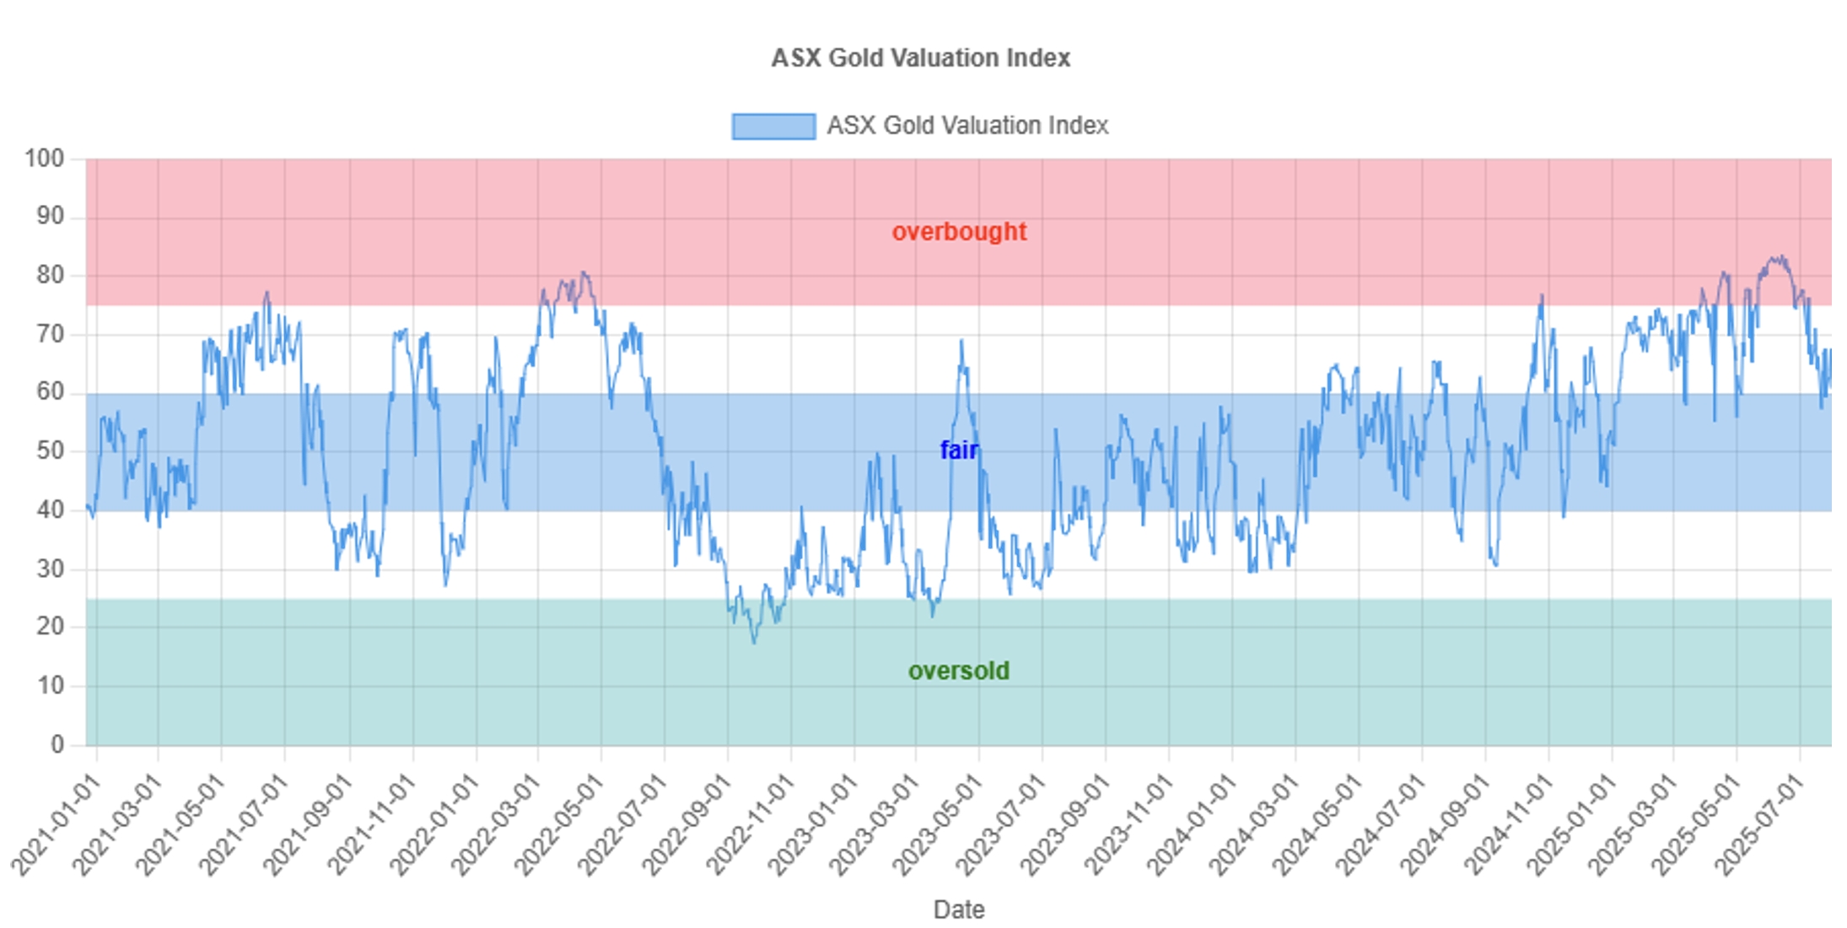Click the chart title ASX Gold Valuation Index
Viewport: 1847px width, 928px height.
click(x=920, y=57)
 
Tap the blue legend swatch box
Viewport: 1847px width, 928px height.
click(x=773, y=126)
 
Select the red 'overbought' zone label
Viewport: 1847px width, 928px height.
click(x=959, y=231)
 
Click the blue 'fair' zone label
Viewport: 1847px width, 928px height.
click(x=959, y=450)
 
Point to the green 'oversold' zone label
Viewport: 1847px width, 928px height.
click(x=959, y=671)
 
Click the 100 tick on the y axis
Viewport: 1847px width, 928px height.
click(x=44, y=159)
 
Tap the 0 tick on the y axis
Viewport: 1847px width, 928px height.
click(x=57, y=744)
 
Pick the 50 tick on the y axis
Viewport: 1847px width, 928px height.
click(x=50, y=451)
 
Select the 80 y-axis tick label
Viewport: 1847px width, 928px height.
click(x=50, y=275)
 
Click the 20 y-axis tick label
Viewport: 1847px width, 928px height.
click(x=50, y=627)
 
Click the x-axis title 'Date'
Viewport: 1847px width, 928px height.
click(x=959, y=909)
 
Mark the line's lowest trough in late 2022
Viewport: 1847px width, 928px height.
click(x=754, y=643)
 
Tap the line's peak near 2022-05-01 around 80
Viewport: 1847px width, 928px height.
click(x=584, y=272)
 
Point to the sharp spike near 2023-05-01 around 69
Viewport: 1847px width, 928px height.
click(x=961, y=341)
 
